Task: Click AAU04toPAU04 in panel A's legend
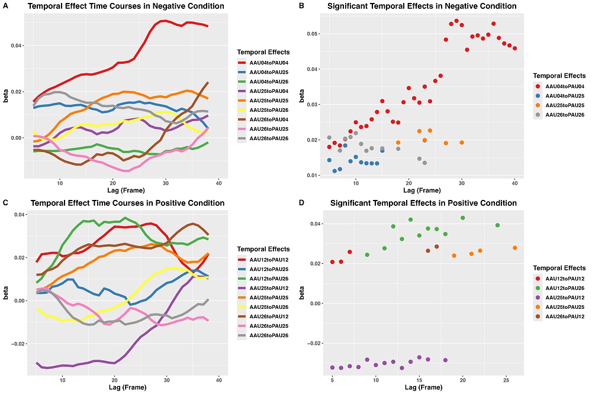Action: (263, 62)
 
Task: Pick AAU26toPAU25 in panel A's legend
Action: (263, 129)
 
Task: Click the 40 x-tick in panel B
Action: (514, 183)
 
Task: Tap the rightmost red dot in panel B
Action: (514, 49)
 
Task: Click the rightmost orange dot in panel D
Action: (514, 248)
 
